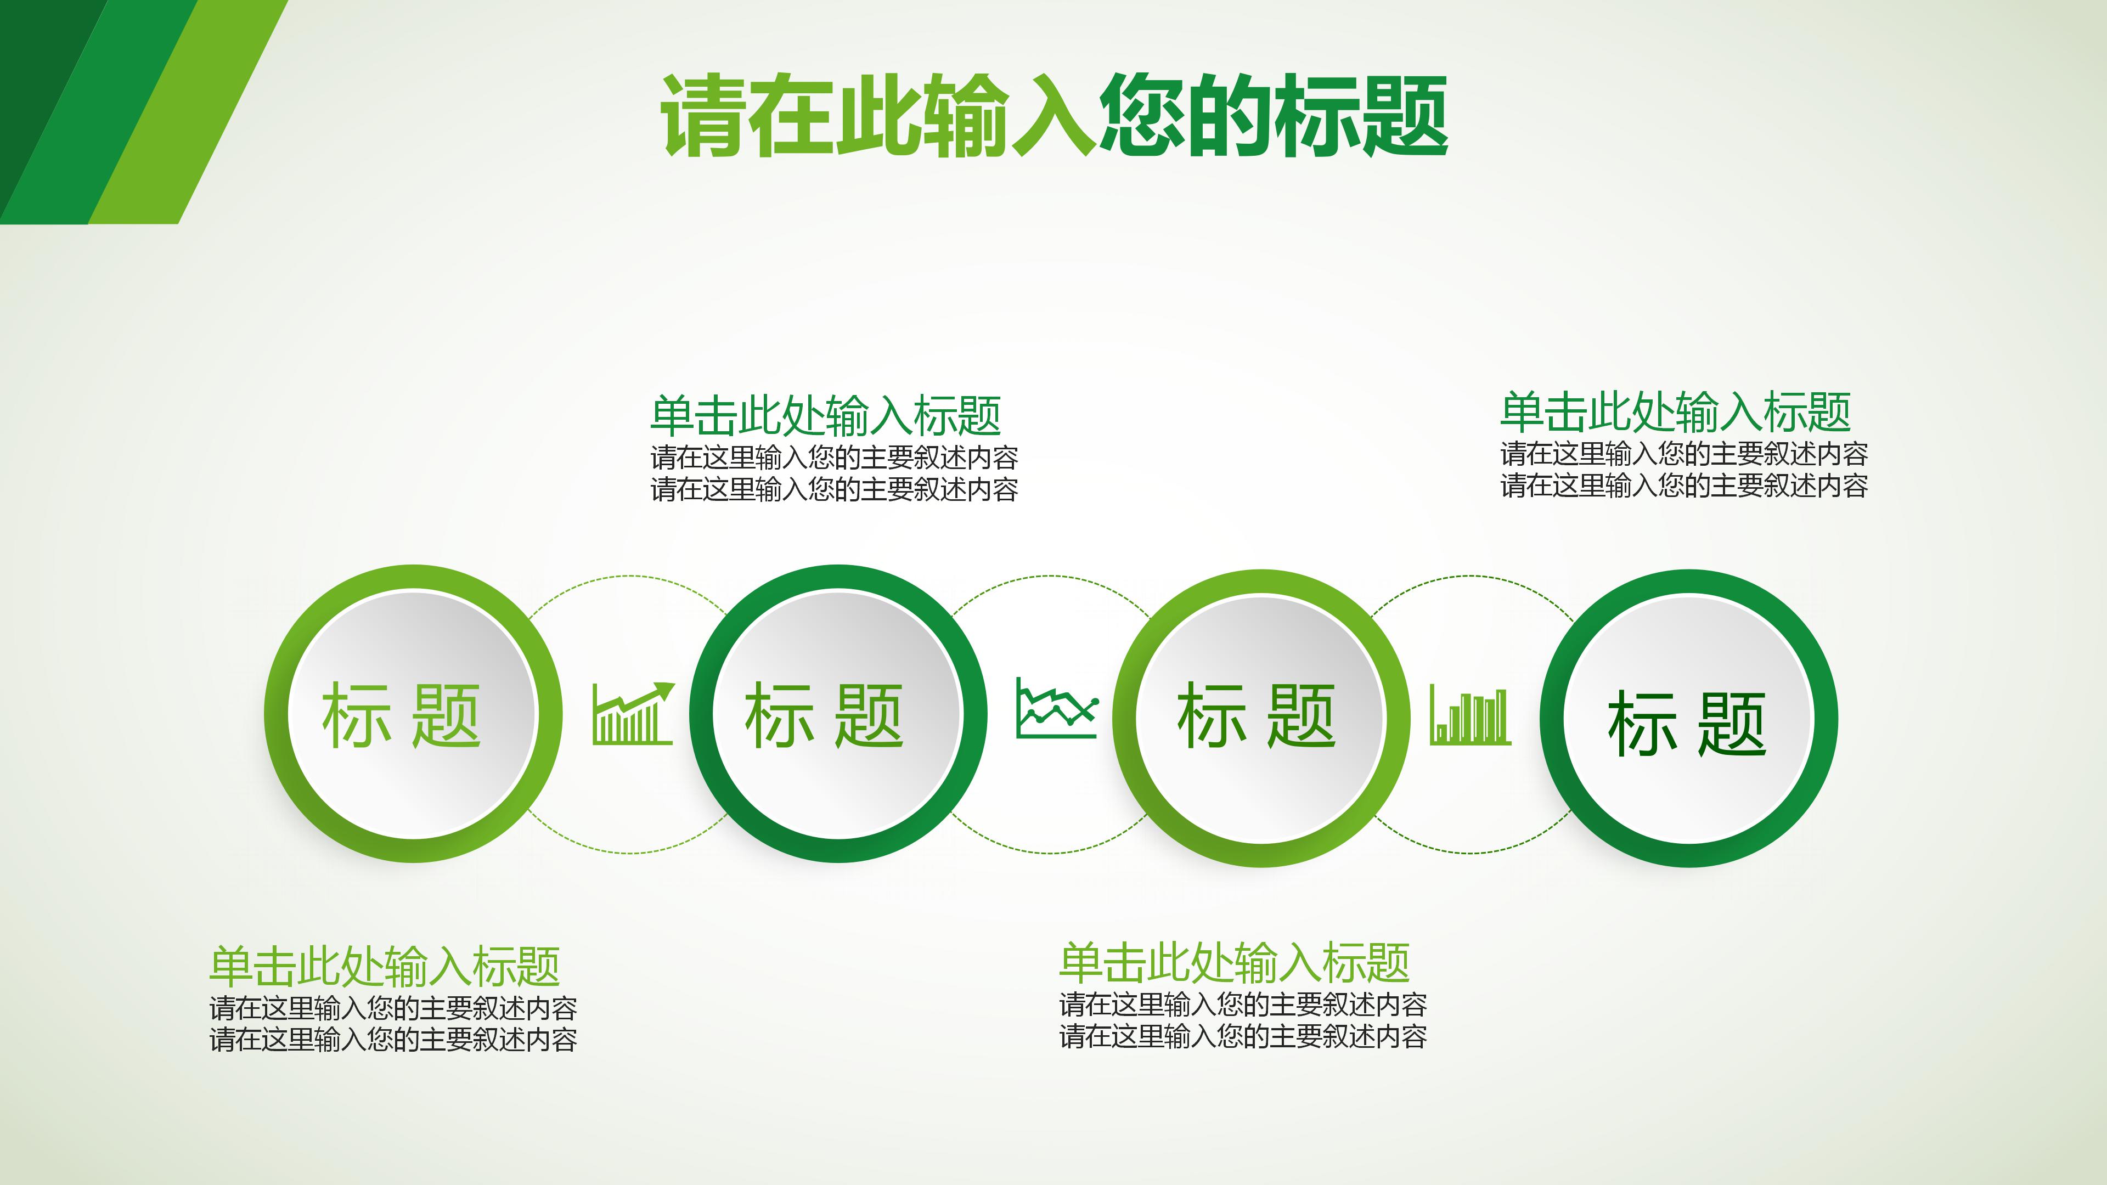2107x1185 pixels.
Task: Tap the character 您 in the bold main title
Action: pos(1142,115)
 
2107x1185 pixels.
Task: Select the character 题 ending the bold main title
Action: pos(1405,115)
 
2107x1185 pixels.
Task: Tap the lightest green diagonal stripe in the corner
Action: pos(188,112)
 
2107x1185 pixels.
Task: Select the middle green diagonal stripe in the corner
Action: pos(98,112)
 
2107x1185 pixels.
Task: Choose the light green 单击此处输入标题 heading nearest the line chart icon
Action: pos(1234,963)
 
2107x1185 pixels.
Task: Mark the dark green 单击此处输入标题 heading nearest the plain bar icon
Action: pos(1675,411)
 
